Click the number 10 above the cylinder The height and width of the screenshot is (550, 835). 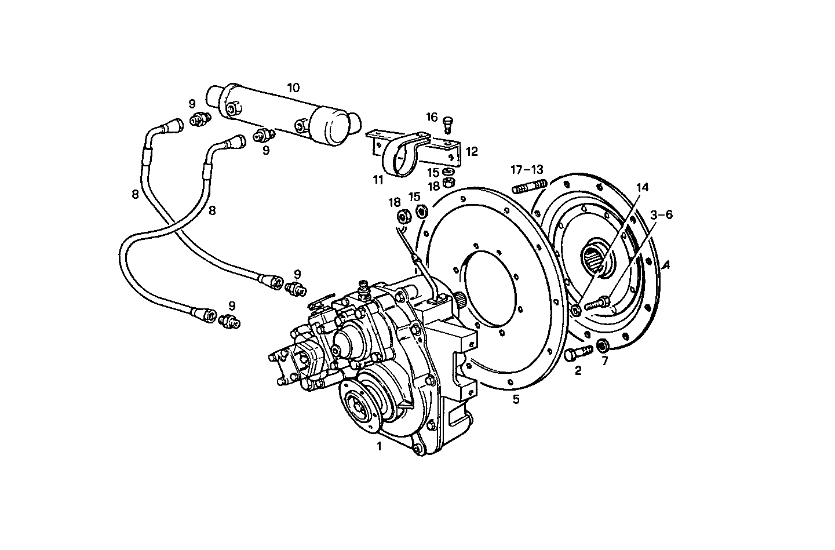(x=293, y=88)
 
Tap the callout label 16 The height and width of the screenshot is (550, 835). (x=432, y=118)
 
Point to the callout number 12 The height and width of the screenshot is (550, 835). (x=472, y=152)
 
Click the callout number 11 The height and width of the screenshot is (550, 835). (x=378, y=180)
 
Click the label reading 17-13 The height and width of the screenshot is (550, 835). (x=527, y=170)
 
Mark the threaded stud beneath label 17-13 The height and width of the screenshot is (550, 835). (x=530, y=187)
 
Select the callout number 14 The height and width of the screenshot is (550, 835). (x=642, y=188)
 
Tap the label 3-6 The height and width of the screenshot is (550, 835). (x=661, y=215)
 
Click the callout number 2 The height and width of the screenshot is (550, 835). (x=578, y=371)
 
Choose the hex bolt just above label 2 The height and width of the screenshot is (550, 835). (x=578, y=351)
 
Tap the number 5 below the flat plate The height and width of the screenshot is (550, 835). (x=516, y=399)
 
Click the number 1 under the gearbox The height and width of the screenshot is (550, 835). (x=379, y=447)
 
